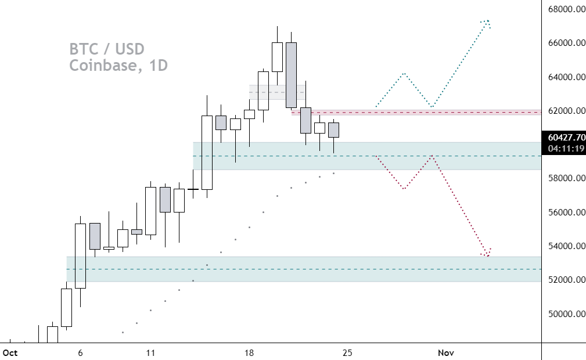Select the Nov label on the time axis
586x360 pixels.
tap(445, 352)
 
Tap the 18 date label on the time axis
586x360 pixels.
tap(249, 352)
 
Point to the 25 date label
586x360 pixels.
tap(347, 352)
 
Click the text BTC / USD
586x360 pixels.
tap(107, 49)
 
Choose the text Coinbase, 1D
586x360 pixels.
tap(118, 66)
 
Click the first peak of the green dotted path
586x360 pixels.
tap(404, 74)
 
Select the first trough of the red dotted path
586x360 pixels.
tap(404, 189)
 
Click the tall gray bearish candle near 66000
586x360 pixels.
tap(291, 74)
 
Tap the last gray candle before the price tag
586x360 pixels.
tap(333, 130)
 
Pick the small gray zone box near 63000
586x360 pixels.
tap(276, 92)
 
